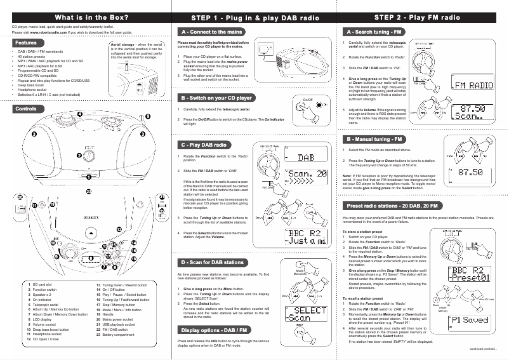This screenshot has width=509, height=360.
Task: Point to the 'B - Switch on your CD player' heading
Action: [216, 98]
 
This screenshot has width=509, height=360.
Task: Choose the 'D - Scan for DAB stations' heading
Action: [213, 262]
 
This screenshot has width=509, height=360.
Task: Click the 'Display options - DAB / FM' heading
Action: [213, 330]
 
